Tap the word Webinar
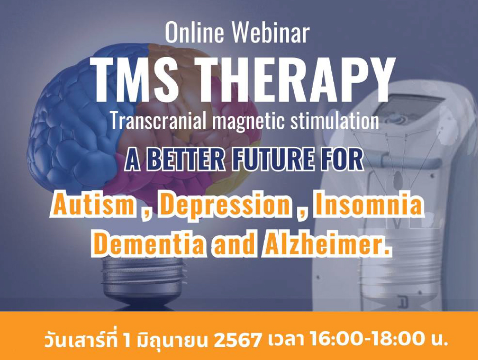270,33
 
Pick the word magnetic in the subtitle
250,121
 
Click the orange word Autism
94,204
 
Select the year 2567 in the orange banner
238,340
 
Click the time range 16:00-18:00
367,339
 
